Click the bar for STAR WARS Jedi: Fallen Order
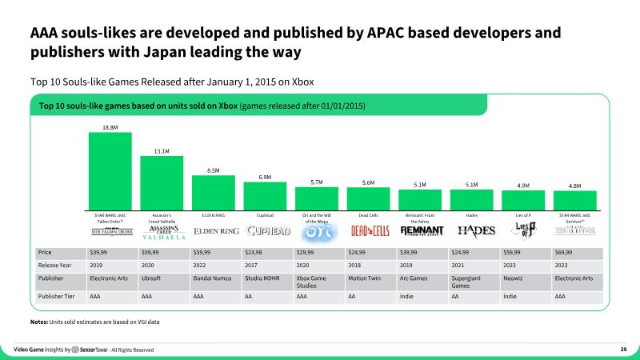coord(110,170)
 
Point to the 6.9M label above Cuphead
coord(264,177)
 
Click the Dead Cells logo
coord(368,231)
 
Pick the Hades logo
coord(471,230)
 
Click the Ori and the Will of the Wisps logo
coord(316,230)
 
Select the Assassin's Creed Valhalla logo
coord(162,232)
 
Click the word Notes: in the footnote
coord(38,321)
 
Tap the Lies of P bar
coord(523,201)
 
